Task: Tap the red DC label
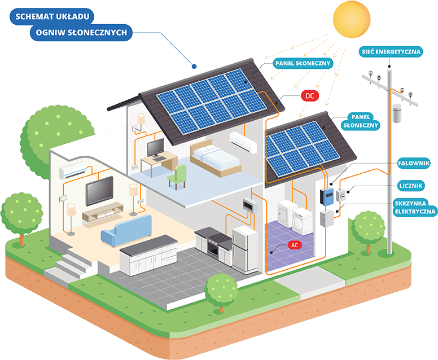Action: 309,96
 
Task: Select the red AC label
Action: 294,245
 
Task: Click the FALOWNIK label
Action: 414,163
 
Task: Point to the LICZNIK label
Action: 414,185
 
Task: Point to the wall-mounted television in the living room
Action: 99,190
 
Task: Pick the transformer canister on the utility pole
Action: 400,113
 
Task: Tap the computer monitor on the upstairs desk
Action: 155,148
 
